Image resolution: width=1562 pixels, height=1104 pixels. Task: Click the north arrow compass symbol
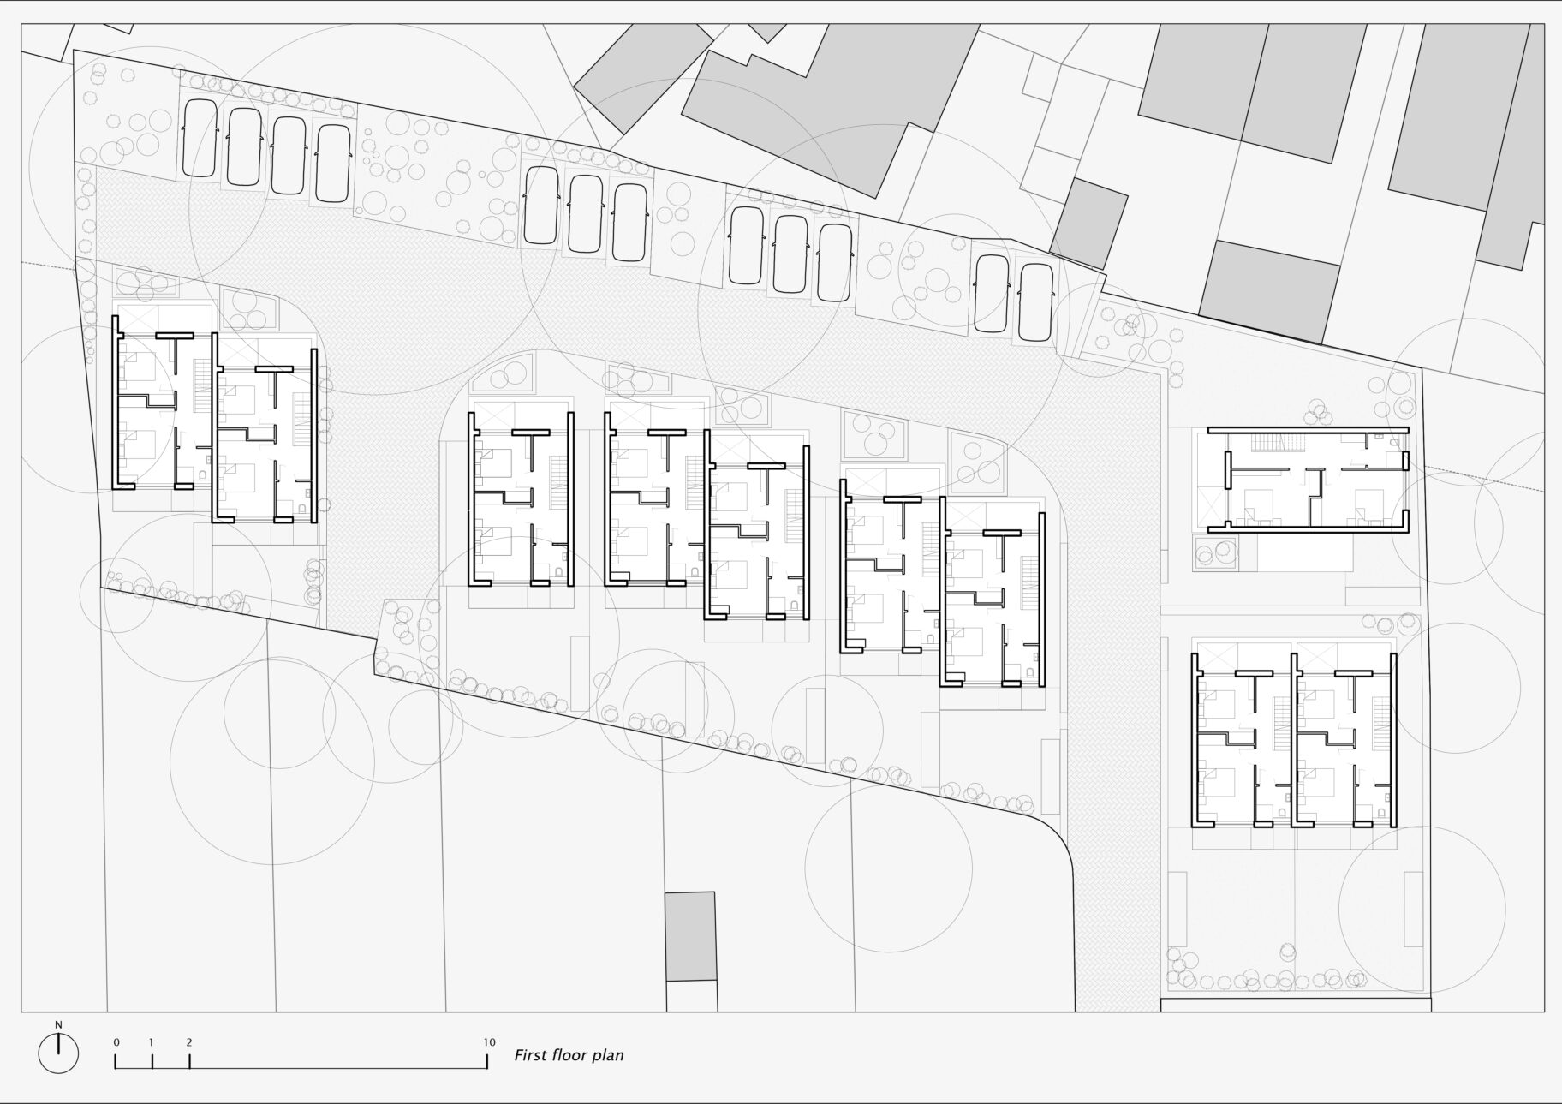click(x=58, y=1053)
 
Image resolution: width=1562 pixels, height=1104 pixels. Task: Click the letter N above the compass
click(x=58, y=1024)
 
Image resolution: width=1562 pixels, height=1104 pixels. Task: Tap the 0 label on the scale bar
click(x=116, y=1042)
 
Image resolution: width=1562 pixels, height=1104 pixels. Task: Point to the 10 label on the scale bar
click(x=488, y=1042)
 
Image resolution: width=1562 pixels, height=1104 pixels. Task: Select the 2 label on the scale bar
click(x=188, y=1042)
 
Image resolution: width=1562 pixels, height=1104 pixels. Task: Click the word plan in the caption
click(x=609, y=1056)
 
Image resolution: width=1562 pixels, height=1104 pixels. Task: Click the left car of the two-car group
click(x=992, y=295)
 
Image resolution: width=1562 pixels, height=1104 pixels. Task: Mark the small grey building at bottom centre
click(x=691, y=936)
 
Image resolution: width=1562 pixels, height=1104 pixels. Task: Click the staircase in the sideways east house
click(x=1269, y=444)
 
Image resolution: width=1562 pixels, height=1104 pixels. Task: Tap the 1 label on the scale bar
click(x=152, y=1042)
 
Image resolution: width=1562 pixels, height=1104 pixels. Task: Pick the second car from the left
click(x=244, y=146)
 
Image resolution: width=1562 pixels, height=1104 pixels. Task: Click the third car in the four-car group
click(x=289, y=155)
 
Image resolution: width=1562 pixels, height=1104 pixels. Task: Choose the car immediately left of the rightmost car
click(x=992, y=295)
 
